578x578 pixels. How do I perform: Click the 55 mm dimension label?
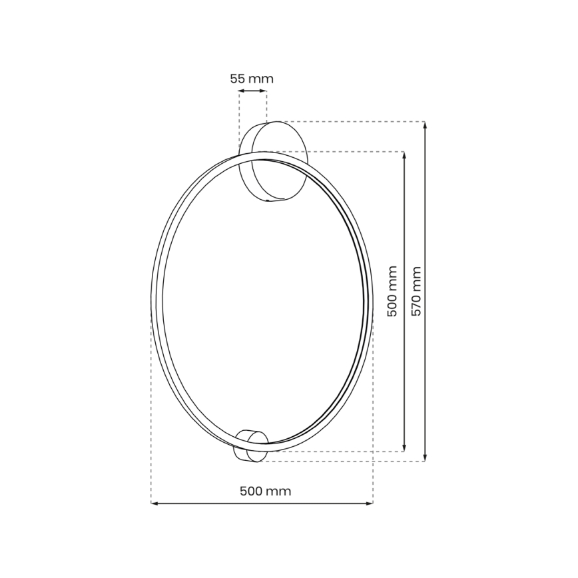(x=252, y=79)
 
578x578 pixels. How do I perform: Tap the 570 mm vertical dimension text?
(x=417, y=292)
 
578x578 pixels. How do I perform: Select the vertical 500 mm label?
(x=392, y=292)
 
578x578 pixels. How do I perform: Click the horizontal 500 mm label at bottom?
(x=265, y=491)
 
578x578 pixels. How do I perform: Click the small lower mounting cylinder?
(x=252, y=444)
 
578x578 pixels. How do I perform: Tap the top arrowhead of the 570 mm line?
(x=425, y=125)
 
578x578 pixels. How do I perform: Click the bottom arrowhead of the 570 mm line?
(x=425, y=457)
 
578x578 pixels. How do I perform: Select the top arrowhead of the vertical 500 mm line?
(x=404, y=155)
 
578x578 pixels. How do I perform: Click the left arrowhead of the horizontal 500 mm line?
(x=154, y=503)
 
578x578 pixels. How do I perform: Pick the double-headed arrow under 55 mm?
(x=252, y=92)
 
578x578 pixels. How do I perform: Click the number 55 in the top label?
(x=238, y=79)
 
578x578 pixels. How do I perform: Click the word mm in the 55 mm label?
(x=260, y=79)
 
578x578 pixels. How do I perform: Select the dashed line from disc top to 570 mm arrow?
(x=346, y=122)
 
